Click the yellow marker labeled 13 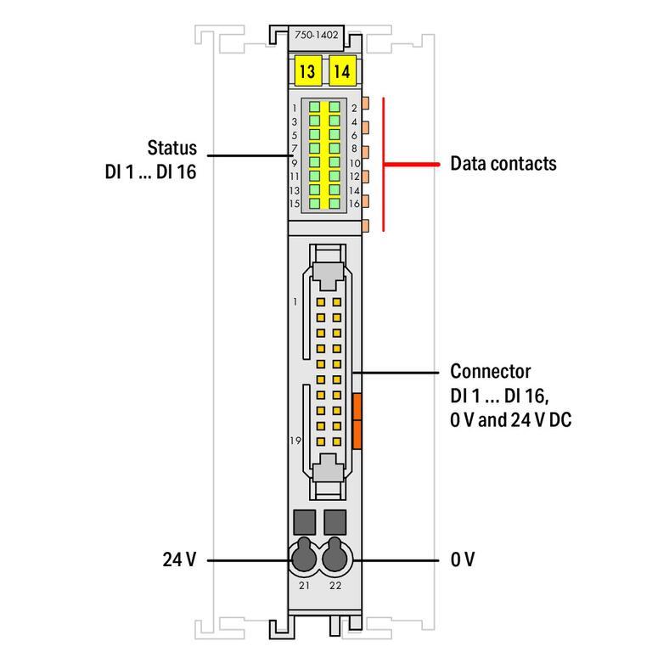click(x=306, y=72)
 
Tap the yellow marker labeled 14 click(x=341, y=72)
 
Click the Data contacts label click(x=503, y=163)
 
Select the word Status click(x=171, y=148)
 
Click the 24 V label click(x=179, y=559)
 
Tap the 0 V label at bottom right click(x=463, y=559)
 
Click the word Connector click(x=490, y=371)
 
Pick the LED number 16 click(x=355, y=204)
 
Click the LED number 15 click(x=294, y=204)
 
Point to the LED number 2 click(x=353, y=109)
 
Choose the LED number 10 click(x=355, y=163)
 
